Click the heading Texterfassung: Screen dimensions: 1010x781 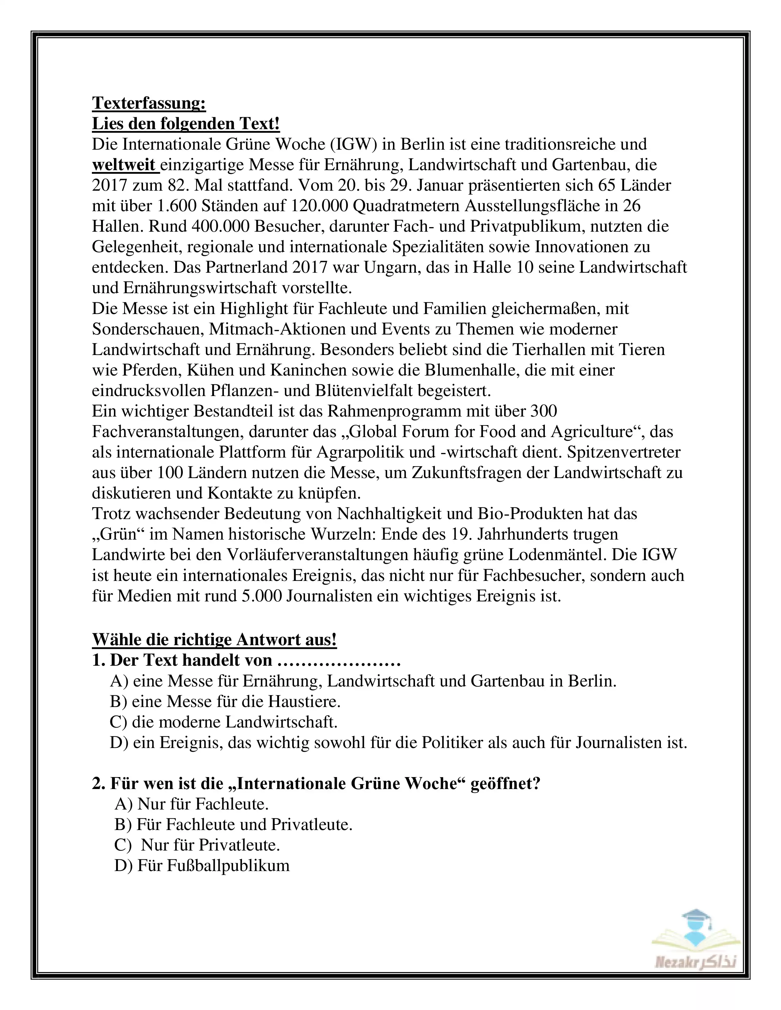click(149, 103)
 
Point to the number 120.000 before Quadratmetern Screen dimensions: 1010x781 click(319, 206)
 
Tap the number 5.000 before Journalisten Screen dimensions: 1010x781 click(262, 596)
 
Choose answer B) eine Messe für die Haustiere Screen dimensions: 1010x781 click(225, 701)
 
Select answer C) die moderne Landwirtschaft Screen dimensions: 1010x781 click(224, 722)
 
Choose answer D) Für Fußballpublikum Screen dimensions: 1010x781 click(202, 866)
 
